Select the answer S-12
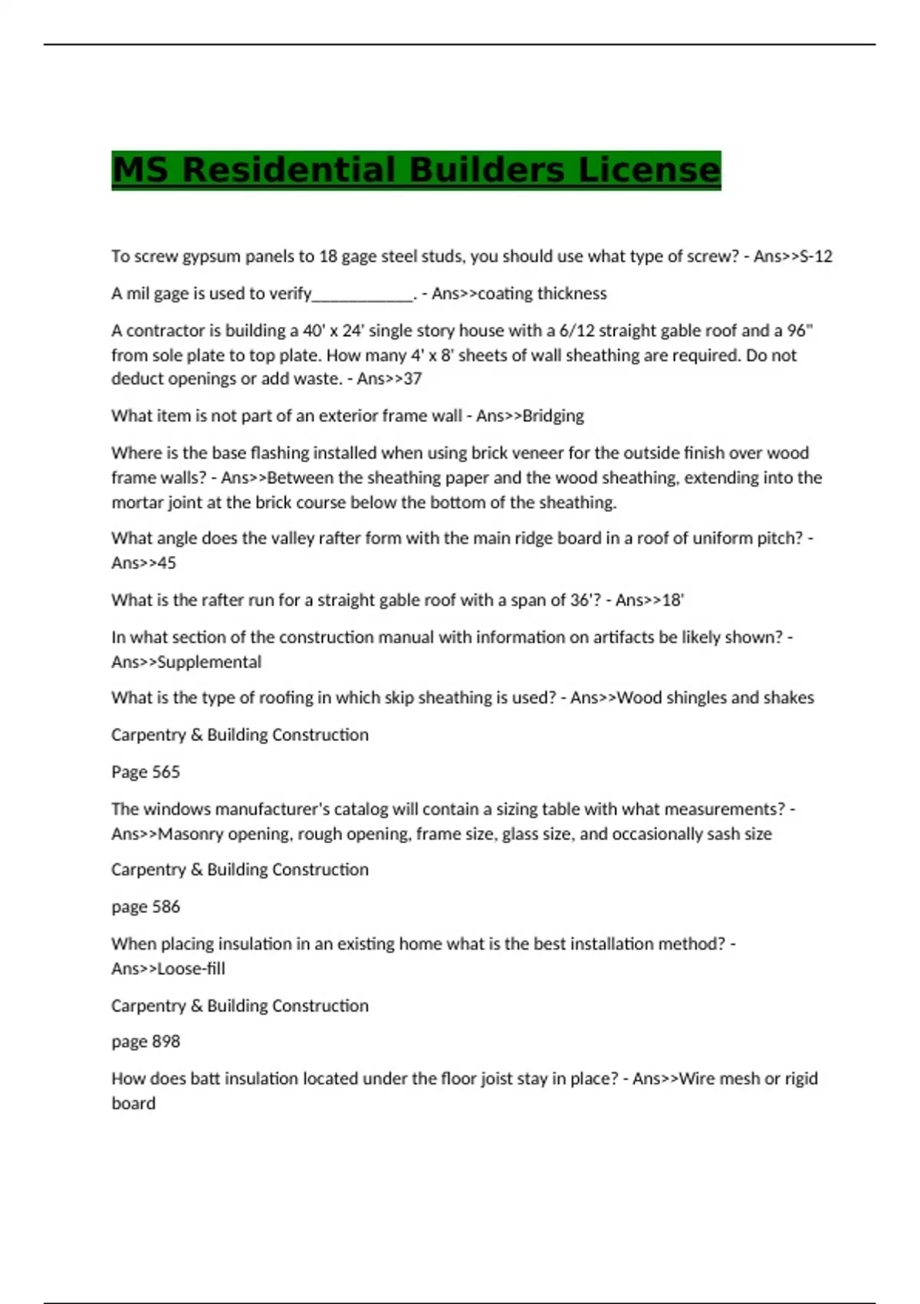click(x=816, y=256)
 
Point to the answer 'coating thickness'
click(x=542, y=294)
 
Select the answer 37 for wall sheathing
click(x=412, y=379)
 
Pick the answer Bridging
click(x=553, y=416)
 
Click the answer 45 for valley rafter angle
click(x=166, y=563)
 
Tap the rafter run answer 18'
click(x=672, y=600)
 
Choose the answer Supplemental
click(x=209, y=662)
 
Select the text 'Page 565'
click(x=146, y=772)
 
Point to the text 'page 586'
click(x=146, y=907)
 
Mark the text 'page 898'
click(x=146, y=1042)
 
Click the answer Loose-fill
click(x=191, y=969)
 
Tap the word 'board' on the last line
click(x=133, y=1103)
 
